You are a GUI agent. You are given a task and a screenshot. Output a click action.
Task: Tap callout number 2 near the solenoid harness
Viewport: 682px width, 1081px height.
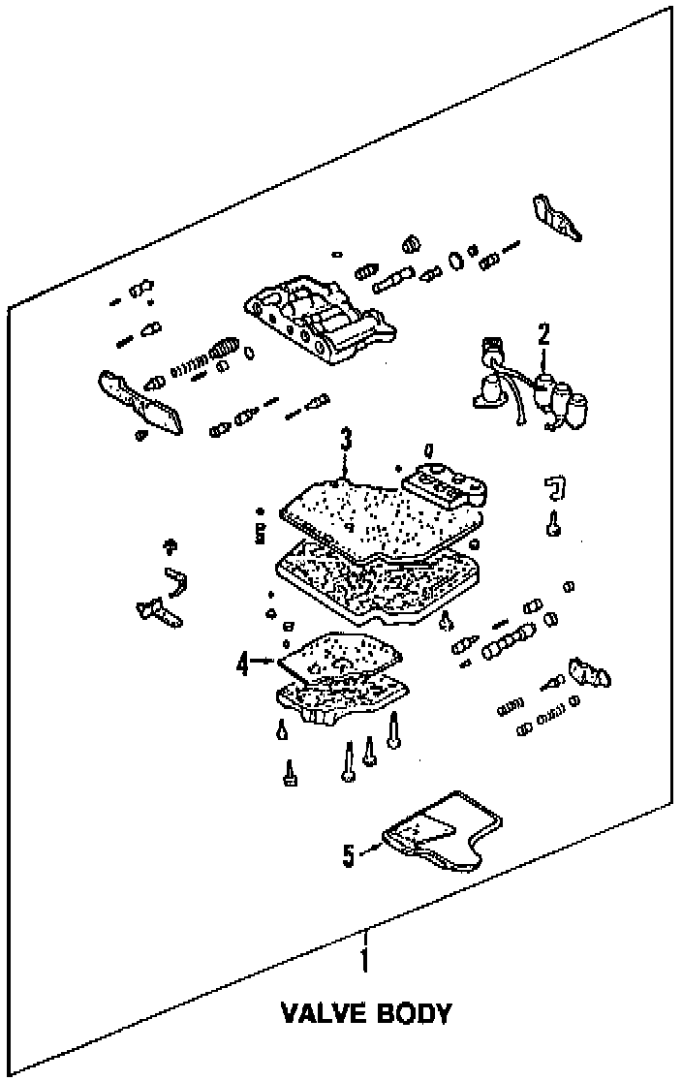(x=543, y=336)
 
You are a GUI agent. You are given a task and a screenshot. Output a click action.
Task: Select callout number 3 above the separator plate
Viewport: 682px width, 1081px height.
(x=346, y=441)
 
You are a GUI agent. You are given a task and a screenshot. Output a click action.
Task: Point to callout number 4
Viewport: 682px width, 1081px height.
(x=243, y=664)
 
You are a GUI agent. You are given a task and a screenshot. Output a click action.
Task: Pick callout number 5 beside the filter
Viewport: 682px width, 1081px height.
(x=349, y=854)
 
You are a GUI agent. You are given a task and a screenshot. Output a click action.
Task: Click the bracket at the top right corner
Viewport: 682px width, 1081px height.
(x=555, y=218)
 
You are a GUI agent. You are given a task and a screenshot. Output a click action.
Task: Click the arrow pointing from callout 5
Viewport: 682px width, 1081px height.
(x=372, y=849)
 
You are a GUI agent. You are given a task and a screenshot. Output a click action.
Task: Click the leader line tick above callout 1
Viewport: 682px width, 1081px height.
(x=364, y=938)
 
